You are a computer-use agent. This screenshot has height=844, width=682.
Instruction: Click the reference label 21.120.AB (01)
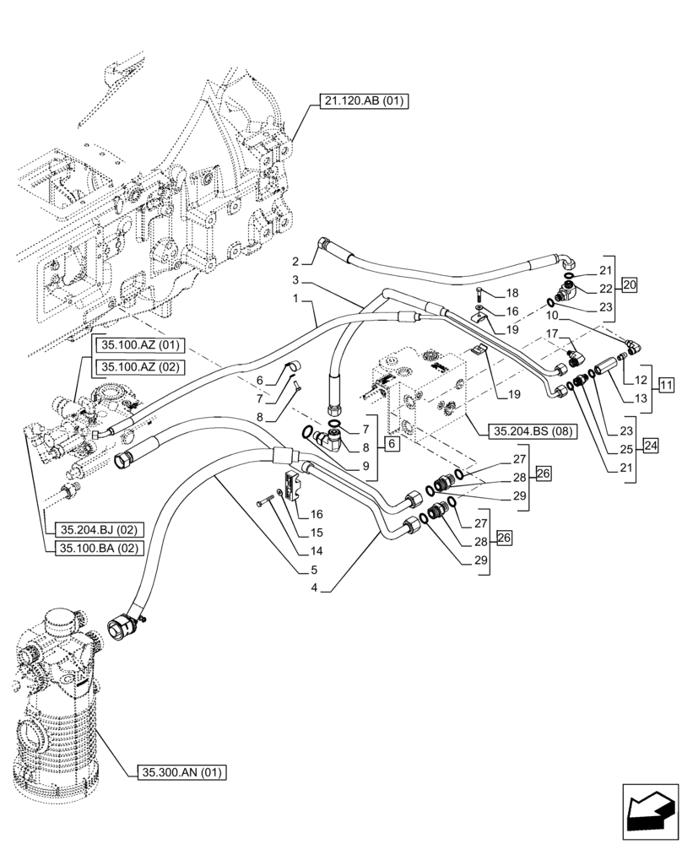(364, 102)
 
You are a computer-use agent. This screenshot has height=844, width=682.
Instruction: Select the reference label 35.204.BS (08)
(530, 430)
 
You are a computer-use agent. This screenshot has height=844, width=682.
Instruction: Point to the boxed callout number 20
(629, 284)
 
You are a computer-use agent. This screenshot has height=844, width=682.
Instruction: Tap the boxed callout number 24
(650, 446)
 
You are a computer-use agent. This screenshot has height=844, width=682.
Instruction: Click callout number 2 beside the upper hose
(296, 260)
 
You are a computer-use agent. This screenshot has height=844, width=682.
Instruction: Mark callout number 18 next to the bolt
(511, 293)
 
